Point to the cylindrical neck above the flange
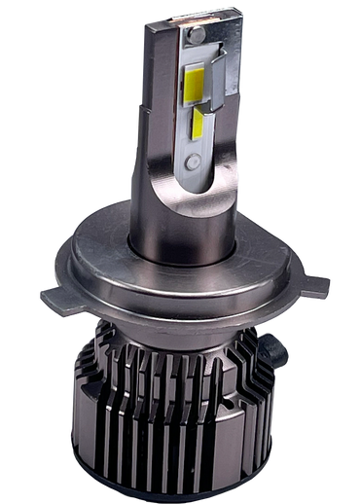(x=185, y=238)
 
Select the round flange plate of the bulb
(x=175, y=282)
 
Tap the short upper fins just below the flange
(x=195, y=336)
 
